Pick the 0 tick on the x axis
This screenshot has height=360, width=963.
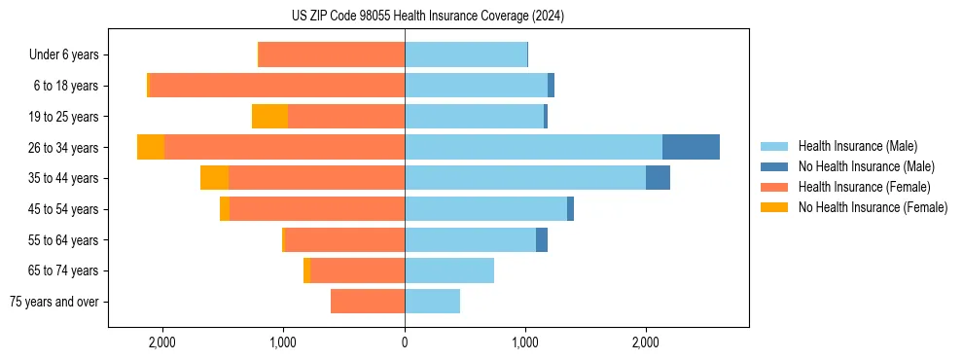click(405, 342)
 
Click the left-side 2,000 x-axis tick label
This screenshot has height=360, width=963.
click(161, 342)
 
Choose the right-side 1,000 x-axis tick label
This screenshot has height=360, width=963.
click(525, 342)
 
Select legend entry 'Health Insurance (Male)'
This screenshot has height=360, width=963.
click(857, 146)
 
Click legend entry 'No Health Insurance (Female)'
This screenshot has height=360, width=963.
click(873, 207)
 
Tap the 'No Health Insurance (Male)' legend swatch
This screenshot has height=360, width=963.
click(774, 166)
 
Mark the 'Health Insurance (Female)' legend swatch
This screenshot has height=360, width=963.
click(774, 187)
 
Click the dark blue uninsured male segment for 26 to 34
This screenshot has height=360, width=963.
click(691, 147)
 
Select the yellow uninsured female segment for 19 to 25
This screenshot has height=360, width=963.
click(269, 117)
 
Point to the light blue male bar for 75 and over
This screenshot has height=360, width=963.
click(432, 302)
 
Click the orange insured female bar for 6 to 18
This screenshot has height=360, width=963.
click(277, 86)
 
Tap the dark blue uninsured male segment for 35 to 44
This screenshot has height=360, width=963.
click(658, 178)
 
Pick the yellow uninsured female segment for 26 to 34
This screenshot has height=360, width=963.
click(151, 147)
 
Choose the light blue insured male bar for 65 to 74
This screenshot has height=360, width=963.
click(449, 270)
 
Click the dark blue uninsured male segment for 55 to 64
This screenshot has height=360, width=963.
click(542, 239)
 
